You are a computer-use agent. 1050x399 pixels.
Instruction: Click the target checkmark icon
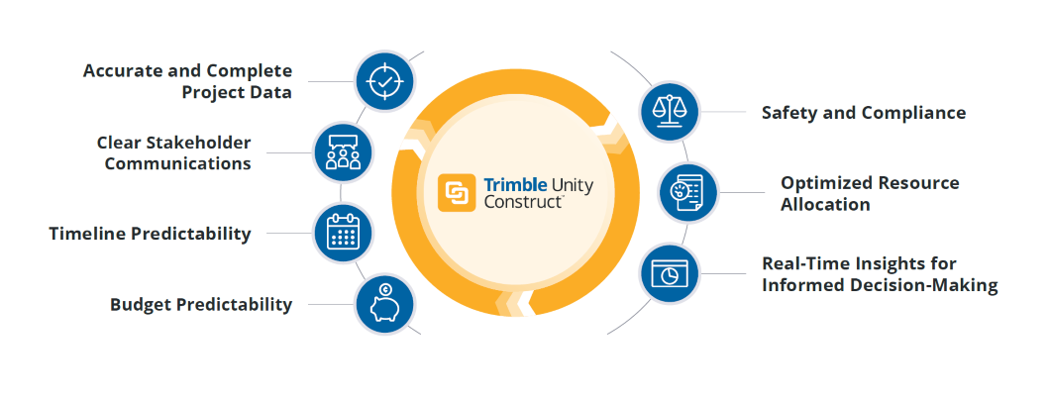pos(383,80)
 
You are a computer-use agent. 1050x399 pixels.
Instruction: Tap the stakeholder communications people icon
pos(342,151)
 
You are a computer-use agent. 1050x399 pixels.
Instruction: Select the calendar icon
pos(342,232)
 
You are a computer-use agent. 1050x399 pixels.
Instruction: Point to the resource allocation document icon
pos(688,192)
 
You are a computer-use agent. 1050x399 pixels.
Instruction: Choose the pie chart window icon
pos(669,273)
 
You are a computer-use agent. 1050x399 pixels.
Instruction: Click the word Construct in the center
pos(523,202)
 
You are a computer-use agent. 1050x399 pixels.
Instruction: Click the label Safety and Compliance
pos(863,113)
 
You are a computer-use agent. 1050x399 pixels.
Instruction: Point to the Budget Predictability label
pos(201,305)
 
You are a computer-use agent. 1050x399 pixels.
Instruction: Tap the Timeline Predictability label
pos(150,235)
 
